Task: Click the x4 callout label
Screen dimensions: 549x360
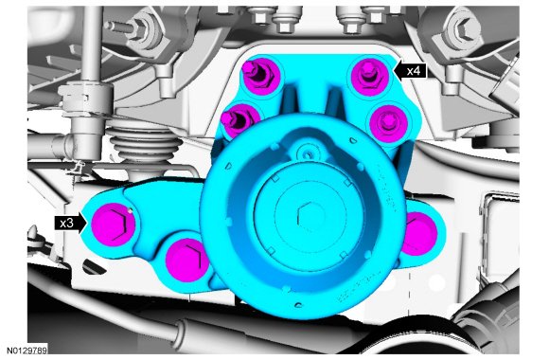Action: click(x=413, y=71)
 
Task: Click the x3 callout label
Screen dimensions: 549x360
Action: click(x=66, y=223)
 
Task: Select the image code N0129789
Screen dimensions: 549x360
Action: click(x=27, y=351)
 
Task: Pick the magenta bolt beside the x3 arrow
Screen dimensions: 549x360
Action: click(x=113, y=225)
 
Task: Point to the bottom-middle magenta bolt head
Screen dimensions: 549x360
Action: click(x=186, y=260)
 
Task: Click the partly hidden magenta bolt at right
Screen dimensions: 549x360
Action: click(x=418, y=234)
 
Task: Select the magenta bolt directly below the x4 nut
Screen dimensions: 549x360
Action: click(x=388, y=123)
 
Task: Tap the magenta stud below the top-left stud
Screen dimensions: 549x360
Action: click(x=239, y=121)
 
